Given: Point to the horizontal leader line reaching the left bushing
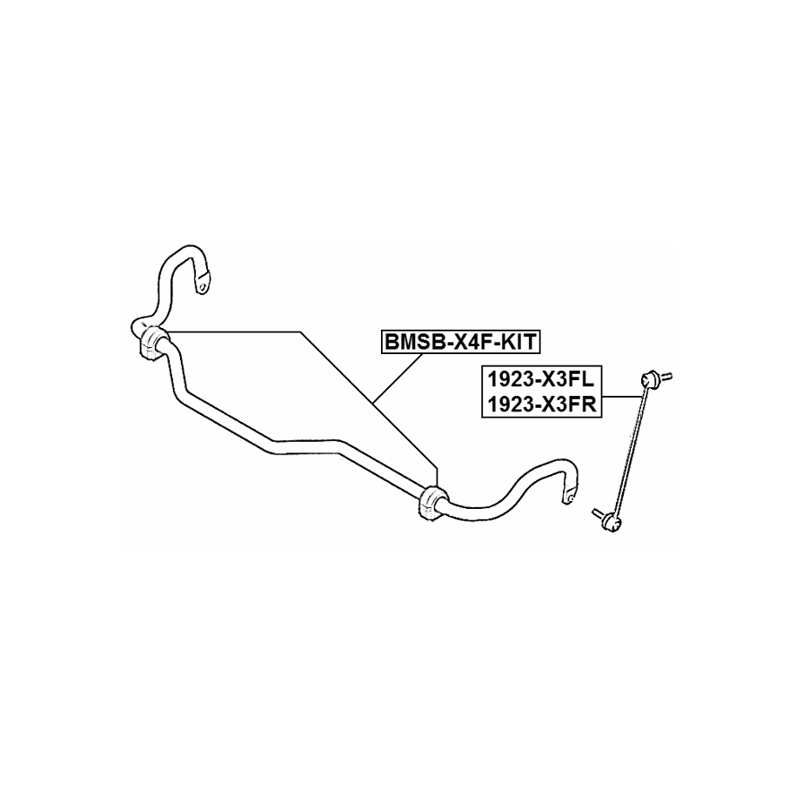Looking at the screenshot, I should point(235,331).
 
